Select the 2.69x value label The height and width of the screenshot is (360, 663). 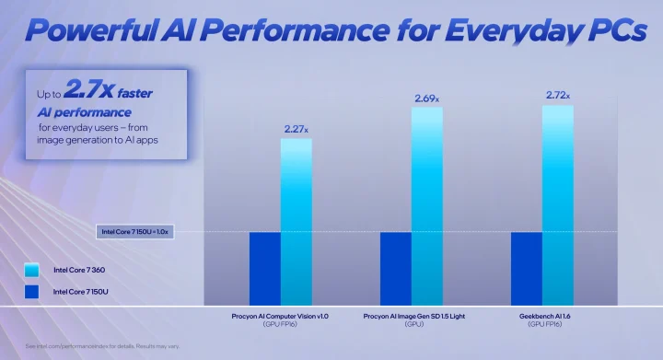[426, 98]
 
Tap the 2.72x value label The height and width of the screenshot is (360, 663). [557, 95]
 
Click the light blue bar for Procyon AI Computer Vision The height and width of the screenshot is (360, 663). [297, 221]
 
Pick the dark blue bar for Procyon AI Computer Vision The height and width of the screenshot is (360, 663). [265, 268]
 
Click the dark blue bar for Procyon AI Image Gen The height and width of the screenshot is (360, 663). [396, 268]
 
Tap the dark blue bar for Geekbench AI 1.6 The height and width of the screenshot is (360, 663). [527, 268]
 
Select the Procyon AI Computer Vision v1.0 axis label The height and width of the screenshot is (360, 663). [280, 319]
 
